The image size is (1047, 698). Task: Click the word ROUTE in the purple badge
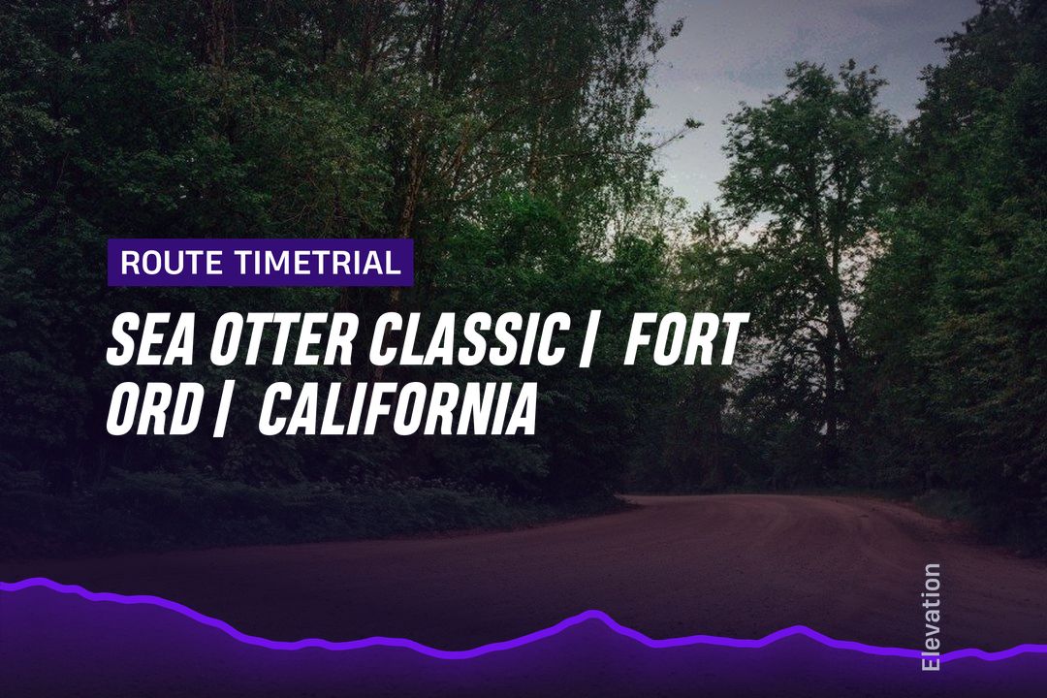(171, 263)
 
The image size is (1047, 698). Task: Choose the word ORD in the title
(153, 410)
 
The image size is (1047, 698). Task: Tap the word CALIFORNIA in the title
(398, 410)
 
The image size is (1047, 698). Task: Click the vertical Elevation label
(930, 618)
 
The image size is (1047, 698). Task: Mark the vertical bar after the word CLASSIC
(587, 340)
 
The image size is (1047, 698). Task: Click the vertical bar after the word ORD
(219, 411)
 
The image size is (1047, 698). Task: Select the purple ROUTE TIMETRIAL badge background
(261, 263)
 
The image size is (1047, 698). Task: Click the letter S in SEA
(121, 339)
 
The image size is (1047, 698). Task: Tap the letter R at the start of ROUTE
(130, 263)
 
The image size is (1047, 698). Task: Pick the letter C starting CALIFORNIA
(274, 410)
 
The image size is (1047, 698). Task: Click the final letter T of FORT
(731, 339)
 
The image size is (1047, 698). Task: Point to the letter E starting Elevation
(930, 663)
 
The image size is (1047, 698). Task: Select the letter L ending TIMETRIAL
(394, 263)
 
